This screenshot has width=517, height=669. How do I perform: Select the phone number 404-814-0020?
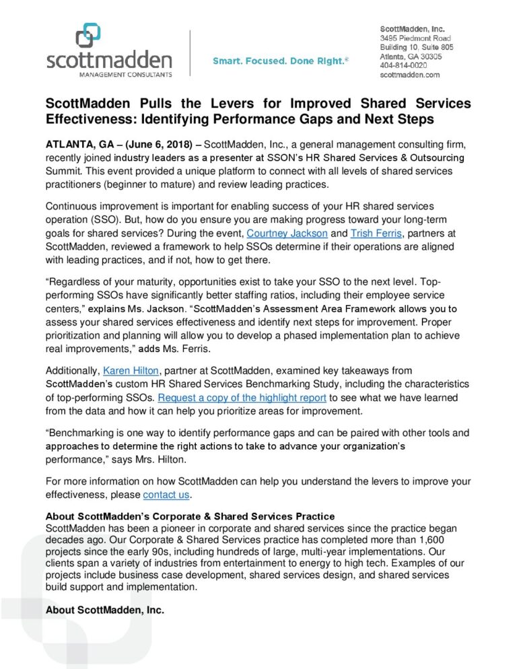[x=403, y=66]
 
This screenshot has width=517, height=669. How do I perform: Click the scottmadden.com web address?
[x=409, y=75]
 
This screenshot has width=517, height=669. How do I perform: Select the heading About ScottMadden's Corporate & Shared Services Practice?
[x=189, y=516]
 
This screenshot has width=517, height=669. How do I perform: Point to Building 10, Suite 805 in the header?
[x=417, y=48]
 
